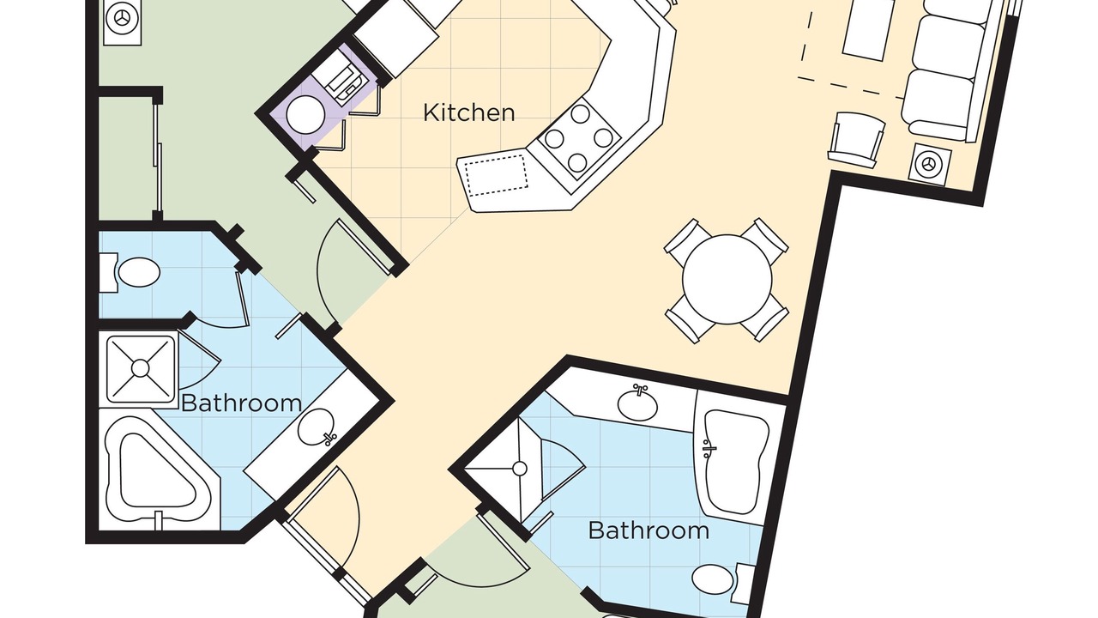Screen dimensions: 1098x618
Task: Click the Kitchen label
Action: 469,112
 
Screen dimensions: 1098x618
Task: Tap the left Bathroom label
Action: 241,403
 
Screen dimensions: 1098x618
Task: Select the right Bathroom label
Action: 649,530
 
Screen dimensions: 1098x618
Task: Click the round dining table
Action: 727,279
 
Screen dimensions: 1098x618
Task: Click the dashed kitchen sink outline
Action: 496,175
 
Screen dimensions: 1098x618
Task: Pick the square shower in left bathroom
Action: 140,368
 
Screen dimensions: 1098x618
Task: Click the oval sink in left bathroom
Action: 317,427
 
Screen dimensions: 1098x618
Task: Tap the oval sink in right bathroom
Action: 637,403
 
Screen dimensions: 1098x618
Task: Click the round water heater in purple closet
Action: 305,115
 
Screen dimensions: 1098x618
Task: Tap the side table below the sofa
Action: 929,164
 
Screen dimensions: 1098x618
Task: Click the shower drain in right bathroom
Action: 520,469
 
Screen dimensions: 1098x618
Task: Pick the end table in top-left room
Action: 122,22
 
